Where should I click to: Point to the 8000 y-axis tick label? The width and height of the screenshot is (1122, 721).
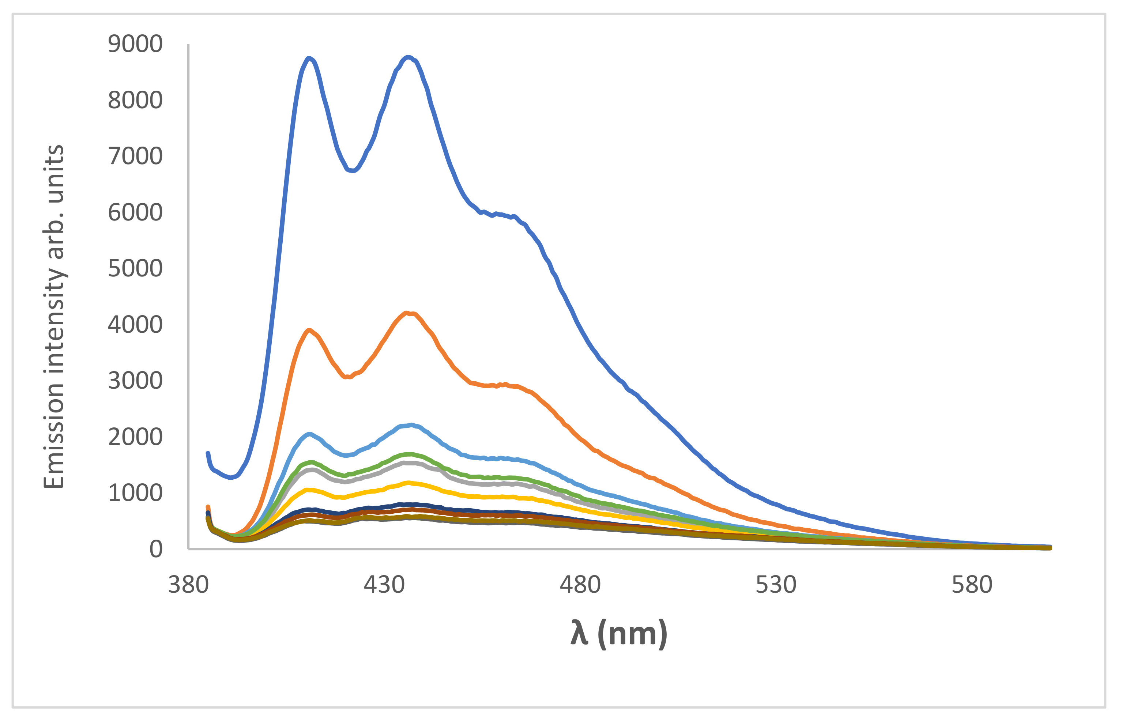(135, 100)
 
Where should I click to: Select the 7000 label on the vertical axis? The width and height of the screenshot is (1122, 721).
(135, 156)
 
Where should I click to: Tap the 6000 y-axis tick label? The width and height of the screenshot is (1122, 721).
(135, 212)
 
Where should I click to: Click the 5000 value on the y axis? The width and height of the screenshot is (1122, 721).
(135, 269)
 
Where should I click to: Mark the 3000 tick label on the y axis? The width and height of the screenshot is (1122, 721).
(135, 381)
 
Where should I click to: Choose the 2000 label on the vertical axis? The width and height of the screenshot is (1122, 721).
(135, 437)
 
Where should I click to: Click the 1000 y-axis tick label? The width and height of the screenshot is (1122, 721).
(135, 493)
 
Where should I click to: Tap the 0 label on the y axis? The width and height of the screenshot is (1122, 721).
(155, 549)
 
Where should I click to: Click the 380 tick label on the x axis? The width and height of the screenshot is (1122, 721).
(188, 585)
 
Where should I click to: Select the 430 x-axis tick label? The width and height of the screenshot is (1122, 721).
(384, 585)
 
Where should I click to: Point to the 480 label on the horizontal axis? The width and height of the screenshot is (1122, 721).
(580, 585)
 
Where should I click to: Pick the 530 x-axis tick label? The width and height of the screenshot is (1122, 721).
(776, 585)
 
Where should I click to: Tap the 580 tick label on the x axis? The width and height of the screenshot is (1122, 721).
(972, 585)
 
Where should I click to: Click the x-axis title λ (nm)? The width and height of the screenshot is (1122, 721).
(618, 634)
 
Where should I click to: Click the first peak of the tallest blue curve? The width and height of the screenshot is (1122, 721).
(309, 58)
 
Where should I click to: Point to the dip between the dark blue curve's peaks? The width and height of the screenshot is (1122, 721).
(352, 170)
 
